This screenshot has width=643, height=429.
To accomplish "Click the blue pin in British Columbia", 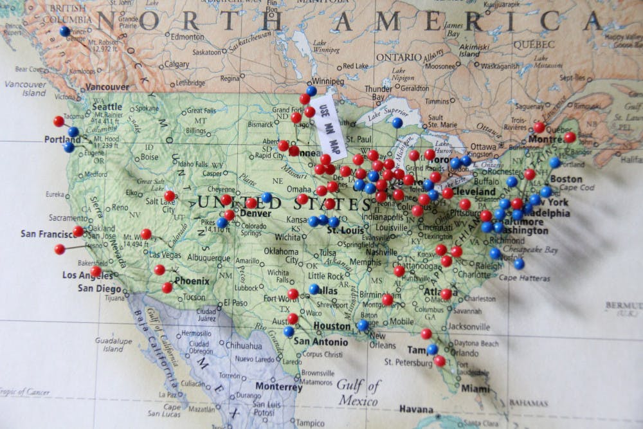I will point(64,30).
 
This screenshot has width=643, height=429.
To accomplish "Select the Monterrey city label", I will point(278,387).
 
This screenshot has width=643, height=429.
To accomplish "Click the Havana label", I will point(416,409).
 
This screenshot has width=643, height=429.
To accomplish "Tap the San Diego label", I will point(100,288).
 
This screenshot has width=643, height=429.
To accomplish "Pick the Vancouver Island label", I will point(25,88).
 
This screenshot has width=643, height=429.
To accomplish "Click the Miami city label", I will point(475,388).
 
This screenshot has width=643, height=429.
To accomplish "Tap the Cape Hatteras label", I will point(524,278).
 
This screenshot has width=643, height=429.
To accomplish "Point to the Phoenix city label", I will point(191,281).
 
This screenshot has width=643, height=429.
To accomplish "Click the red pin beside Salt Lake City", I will point(169,196).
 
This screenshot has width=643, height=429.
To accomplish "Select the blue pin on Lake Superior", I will point(397,122).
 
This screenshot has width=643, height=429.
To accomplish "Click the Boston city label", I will point(566,179).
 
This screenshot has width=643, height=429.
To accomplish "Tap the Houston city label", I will point(332,326).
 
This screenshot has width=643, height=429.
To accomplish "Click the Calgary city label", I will point(176,64).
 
